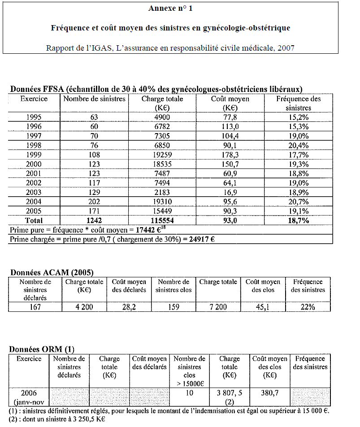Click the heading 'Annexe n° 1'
(170, 8)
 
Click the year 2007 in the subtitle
(286, 48)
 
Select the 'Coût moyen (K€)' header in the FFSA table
(230, 103)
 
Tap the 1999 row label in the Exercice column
(34, 155)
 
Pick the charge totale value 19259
(162, 155)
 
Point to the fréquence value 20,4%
(298, 145)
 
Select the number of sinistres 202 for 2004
(94, 202)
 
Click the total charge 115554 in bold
(162, 220)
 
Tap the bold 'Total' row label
(34, 220)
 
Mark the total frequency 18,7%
(298, 220)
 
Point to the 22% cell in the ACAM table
(308, 307)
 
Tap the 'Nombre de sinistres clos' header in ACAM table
(173, 286)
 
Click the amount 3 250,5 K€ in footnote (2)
(89, 419)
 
